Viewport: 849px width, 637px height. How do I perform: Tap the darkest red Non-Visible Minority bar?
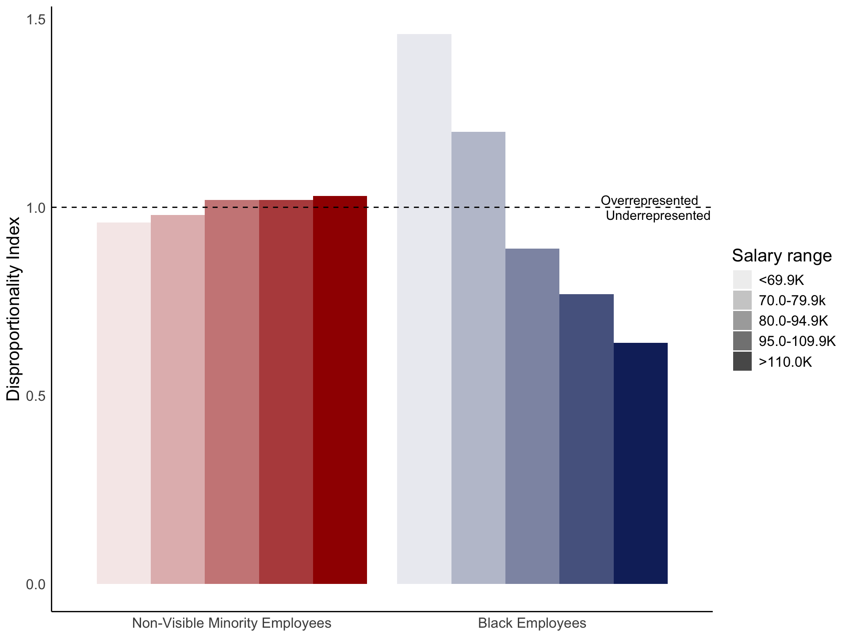pos(340,390)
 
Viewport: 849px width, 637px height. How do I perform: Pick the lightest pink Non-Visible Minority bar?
pos(123,403)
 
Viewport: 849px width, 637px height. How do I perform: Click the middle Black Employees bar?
pos(532,416)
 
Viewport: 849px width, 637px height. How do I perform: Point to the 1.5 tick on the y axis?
pos(36,19)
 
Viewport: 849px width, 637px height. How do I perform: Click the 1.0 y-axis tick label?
pos(36,208)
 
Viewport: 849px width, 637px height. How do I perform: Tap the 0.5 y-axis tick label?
pos(36,396)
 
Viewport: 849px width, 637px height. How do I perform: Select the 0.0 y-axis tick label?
pos(36,584)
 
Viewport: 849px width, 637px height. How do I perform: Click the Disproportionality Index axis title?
pos(13,309)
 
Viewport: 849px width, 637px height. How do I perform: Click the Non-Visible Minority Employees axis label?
pos(232,623)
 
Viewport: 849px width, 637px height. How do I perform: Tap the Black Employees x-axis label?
pos(532,623)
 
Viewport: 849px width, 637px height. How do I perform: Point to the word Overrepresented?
pos(649,200)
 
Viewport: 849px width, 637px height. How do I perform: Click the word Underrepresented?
pos(658,215)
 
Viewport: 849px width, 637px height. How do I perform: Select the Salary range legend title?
pos(782,256)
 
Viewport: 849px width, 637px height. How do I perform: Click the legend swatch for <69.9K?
pos(742,280)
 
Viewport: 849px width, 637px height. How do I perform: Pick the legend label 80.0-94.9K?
pos(793,321)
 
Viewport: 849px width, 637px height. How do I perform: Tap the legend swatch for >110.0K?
pos(742,361)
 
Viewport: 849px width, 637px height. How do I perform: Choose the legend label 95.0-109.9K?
pos(797,341)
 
